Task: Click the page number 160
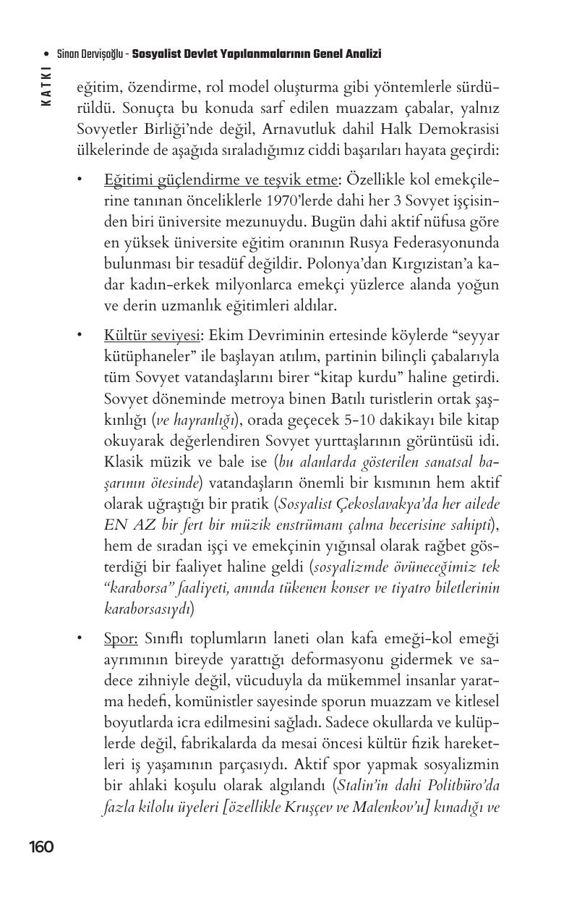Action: (41, 847)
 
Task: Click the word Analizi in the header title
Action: (361, 54)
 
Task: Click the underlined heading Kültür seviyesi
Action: (152, 336)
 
